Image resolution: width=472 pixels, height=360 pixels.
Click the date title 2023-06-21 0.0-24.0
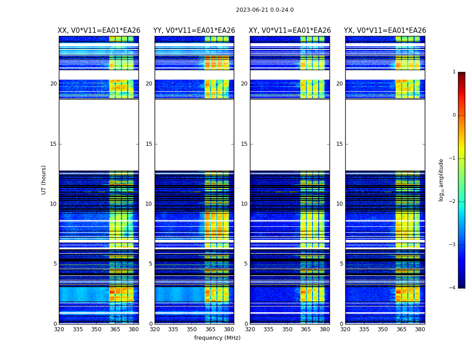(265, 10)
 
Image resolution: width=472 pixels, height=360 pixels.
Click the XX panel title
(99, 31)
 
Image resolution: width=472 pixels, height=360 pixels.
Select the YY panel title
(194, 31)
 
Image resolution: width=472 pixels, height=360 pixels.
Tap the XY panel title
(290, 31)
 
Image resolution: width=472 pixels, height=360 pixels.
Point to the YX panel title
(385, 31)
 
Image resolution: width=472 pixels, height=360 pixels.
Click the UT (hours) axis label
(44, 180)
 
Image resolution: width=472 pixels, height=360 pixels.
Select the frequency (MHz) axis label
(217, 338)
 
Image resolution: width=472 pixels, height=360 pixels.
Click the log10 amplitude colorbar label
(441, 180)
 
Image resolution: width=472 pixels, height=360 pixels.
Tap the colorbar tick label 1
(454, 72)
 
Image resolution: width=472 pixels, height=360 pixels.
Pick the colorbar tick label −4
(453, 288)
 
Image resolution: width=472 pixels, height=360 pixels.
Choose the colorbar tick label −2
(453, 202)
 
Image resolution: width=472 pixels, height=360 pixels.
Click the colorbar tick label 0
(454, 115)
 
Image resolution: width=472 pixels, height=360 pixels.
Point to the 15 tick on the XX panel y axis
(53, 144)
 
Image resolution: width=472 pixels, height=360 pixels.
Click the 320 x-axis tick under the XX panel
(59, 329)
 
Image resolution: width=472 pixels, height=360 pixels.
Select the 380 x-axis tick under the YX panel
(420, 329)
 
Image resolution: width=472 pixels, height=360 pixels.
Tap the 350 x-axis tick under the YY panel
(192, 329)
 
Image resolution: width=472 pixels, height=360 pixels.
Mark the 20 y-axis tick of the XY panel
(244, 84)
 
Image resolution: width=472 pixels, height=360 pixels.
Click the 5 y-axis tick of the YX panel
(341, 264)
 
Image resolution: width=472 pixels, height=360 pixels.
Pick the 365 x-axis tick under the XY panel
(306, 329)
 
